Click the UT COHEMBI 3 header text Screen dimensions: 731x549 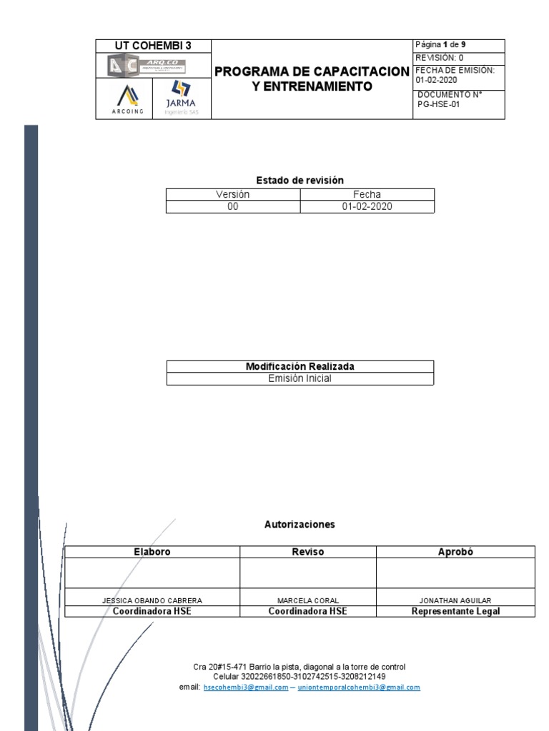click(154, 46)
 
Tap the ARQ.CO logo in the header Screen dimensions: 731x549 click(145, 66)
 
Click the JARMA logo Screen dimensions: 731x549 click(182, 99)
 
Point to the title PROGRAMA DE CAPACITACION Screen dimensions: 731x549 click(312, 72)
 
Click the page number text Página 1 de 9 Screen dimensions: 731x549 click(440, 44)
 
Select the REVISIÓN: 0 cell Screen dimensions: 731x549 click(440, 57)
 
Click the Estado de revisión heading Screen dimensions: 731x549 click(300, 180)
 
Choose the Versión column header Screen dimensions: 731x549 click(233, 194)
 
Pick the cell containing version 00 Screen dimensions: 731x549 click(233, 206)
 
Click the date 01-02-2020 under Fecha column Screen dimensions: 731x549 click(367, 206)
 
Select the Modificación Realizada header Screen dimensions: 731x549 click(300, 366)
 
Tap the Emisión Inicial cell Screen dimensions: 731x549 click(300, 378)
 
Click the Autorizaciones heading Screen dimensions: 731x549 click(300, 524)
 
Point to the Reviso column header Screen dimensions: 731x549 click(307, 552)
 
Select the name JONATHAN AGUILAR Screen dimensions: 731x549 click(455, 600)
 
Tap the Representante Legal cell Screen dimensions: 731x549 click(455, 611)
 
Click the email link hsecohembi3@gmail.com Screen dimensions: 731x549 click(245, 687)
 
